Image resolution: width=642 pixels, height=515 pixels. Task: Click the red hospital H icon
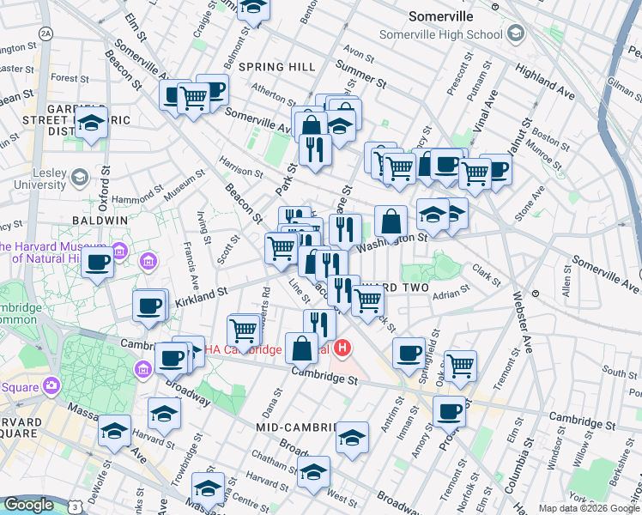(343, 348)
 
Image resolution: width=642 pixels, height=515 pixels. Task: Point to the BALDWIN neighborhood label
(100, 221)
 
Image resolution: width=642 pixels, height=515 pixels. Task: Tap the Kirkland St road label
(202, 297)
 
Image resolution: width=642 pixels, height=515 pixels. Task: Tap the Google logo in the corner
(28, 505)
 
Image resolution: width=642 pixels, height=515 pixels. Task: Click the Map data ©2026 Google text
(589, 508)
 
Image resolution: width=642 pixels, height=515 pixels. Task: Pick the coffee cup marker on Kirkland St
(149, 305)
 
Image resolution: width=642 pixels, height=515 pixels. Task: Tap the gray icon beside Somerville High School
(515, 34)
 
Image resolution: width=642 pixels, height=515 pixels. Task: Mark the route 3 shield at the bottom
(76, 508)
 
